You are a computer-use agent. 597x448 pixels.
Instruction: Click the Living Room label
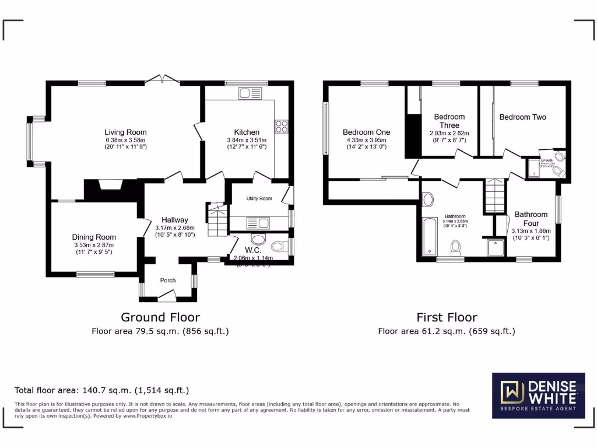(125, 132)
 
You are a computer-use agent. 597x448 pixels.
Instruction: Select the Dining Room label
(94, 237)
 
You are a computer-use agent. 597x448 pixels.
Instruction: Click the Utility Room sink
(257, 222)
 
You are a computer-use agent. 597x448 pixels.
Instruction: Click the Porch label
(168, 281)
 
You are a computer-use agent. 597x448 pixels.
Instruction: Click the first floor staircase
(494, 197)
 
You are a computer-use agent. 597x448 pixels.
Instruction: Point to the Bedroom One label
(366, 132)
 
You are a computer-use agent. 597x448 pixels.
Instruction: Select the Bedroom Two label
(522, 117)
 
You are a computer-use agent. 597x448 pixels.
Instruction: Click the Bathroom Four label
(531, 219)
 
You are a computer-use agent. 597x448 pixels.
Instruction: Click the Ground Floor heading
(160, 317)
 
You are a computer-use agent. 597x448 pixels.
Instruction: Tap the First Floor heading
(447, 317)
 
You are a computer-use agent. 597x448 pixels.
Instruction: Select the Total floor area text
(101, 390)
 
